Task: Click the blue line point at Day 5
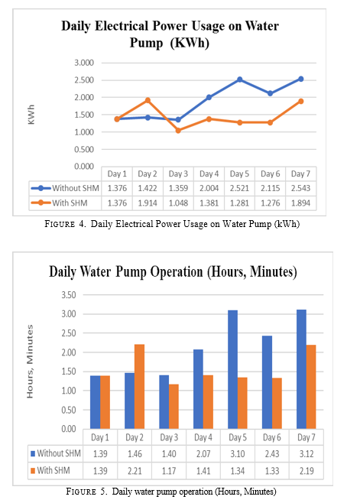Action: coord(240,80)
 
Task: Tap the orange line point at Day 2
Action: coord(148,100)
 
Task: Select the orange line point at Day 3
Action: coord(178,131)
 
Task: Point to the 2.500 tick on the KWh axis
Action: coord(84,80)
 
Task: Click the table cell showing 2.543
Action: coord(300,188)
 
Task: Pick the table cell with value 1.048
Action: coord(178,203)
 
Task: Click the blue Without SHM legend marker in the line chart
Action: coord(41,188)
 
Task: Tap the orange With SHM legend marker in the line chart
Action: coord(41,203)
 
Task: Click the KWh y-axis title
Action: coord(31,115)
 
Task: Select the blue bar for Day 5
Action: coord(232,369)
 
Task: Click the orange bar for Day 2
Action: coord(139,387)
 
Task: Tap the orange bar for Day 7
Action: coord(311,387)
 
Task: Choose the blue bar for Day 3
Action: coord(164,402)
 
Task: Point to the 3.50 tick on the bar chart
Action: coord(69,295)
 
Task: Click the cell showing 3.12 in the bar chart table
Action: coord(306,454)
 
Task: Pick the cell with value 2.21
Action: coord(135,471)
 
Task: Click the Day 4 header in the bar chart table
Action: coord(203,437)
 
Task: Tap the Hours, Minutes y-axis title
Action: coord(30,362)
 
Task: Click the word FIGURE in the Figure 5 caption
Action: coord(81,492)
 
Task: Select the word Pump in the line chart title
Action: coord(146,43)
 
